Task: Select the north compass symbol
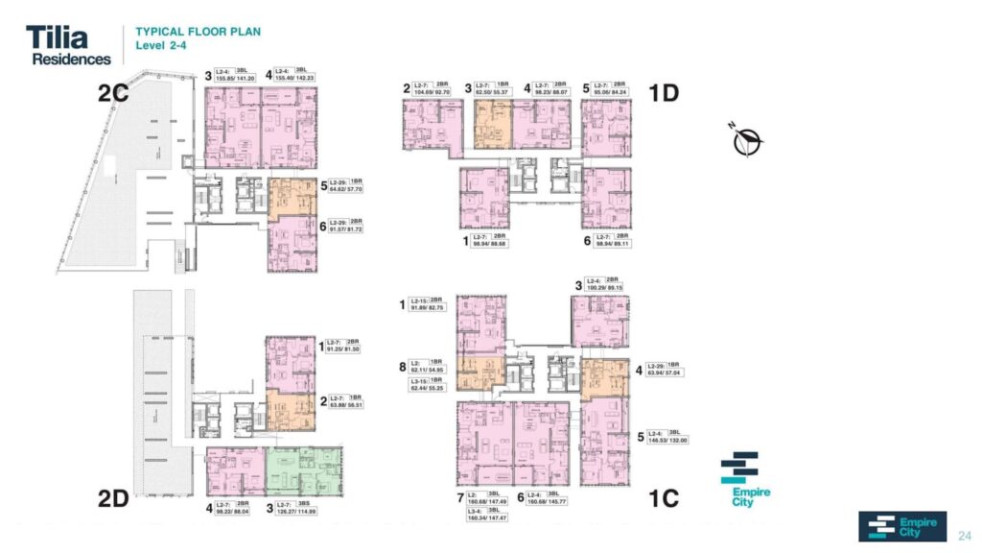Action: tap(746, 140)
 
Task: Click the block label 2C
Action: tap(114, 93)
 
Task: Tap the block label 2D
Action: tap(113, 497)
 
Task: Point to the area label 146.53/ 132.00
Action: tap(674, 439)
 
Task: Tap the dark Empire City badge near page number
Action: tap(901, 526)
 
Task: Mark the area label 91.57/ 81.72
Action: tap(353, 228)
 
